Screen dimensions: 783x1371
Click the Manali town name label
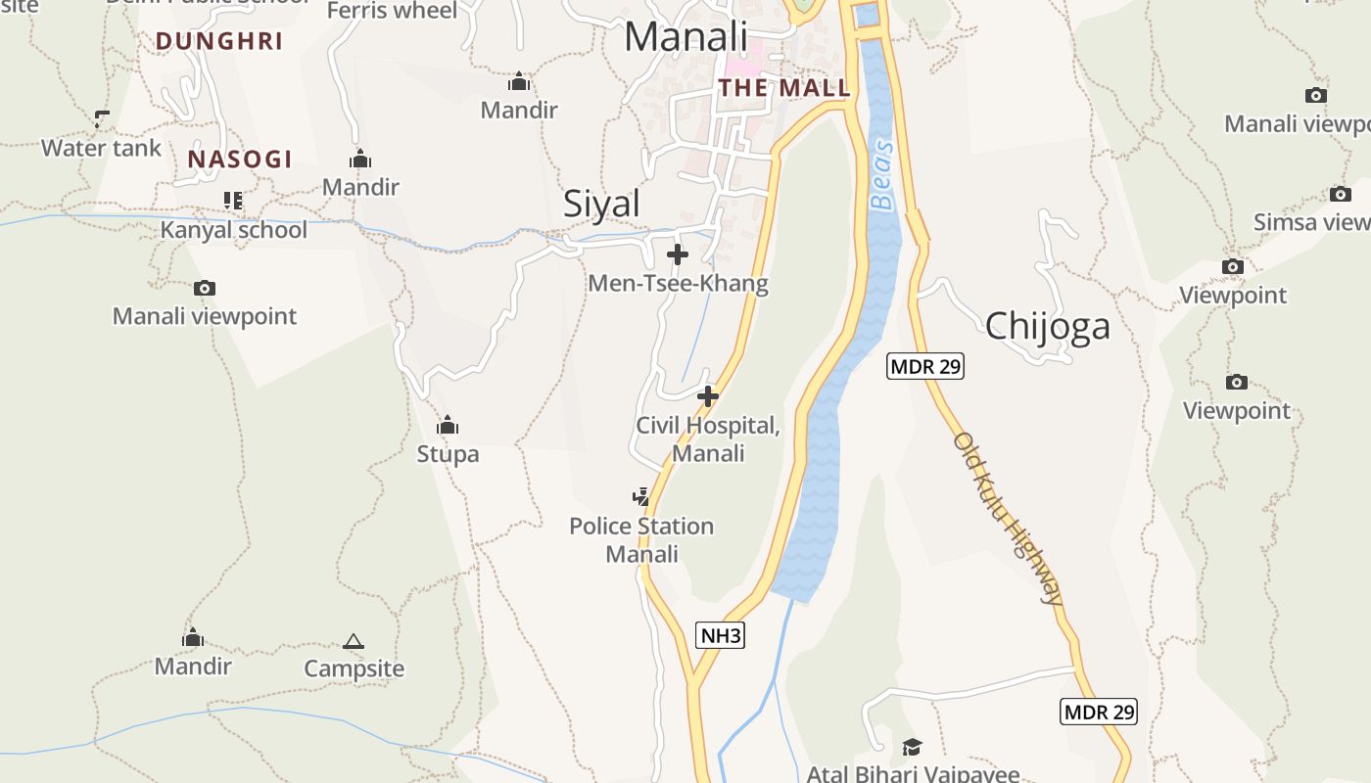685,37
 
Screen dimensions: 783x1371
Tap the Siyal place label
601,204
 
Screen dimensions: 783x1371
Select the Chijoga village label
1047,326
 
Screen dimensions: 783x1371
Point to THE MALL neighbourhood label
784,88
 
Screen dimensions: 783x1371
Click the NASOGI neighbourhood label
240,160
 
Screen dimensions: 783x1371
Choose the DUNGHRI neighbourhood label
219,41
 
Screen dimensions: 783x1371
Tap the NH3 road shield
721,636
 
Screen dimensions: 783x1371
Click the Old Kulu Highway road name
1007,519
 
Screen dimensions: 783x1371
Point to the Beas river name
883,175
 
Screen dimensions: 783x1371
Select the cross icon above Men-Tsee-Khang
677,255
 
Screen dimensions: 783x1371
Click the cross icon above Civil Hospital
707,396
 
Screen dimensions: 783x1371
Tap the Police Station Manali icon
641,497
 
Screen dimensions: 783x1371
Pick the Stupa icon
448,426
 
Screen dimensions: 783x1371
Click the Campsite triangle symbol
354,642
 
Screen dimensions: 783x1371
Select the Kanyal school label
234,230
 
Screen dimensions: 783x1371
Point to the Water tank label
101,149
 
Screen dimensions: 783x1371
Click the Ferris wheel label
392,11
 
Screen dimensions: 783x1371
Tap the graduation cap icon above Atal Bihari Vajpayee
912,747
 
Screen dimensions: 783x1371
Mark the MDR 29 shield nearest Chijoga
925,367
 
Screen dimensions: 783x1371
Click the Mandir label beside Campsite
193,667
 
